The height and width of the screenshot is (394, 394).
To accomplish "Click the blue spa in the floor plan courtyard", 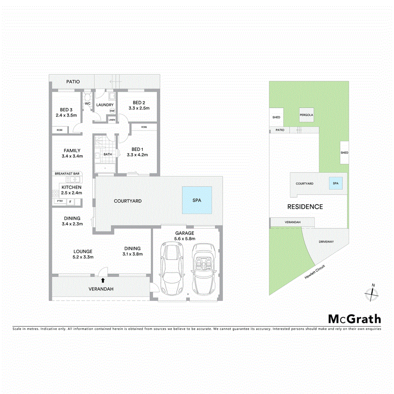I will (197, 200).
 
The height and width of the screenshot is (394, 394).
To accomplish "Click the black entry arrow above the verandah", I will (103, 279).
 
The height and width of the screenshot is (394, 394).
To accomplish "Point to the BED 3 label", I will (66, 109).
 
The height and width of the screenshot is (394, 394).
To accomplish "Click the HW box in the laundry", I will (112, 111).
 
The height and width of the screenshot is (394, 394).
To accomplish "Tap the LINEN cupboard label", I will (112, 120).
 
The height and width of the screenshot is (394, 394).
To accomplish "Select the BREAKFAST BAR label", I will (67, 174).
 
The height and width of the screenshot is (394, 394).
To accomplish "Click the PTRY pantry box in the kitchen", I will (59, 202).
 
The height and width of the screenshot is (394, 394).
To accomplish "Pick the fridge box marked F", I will (70, 202).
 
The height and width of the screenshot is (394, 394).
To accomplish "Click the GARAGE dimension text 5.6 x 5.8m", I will (185, 239).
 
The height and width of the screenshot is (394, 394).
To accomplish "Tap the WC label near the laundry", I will (88, 103).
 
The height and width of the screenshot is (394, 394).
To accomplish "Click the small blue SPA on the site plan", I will (336, 183).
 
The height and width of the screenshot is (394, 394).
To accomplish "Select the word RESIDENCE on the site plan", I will (305, 207).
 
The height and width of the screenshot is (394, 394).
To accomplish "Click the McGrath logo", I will (354, 319).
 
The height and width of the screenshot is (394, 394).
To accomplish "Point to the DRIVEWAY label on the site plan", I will (327, 242).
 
